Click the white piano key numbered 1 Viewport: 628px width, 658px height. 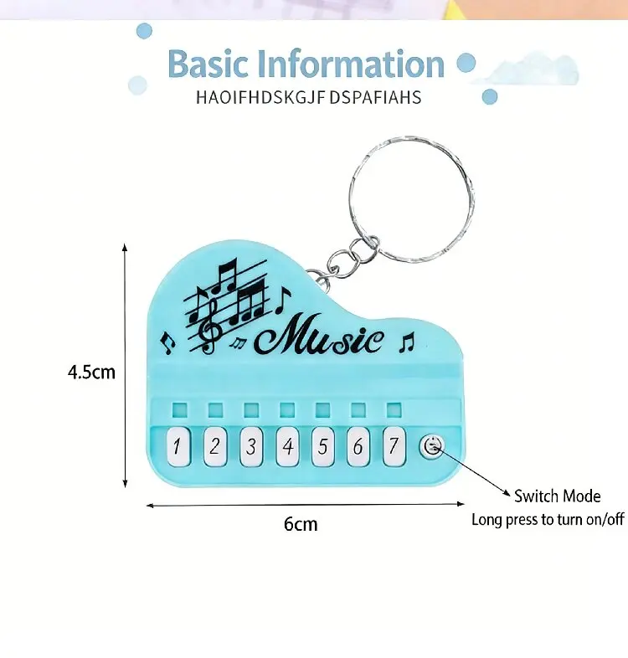point(178,446)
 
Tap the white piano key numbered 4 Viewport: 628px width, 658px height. point(287,446)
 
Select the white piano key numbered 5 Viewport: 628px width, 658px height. point(323,446)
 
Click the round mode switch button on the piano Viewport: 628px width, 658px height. point(432,446)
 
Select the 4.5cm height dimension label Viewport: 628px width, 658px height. point(91,373)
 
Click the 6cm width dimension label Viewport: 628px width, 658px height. point(301,524)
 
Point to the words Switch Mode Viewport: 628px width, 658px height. point(558,496)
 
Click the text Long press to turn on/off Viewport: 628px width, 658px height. point(548,520)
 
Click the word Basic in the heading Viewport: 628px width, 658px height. point(208,64)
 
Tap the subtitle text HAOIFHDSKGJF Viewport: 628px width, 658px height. point(260,97)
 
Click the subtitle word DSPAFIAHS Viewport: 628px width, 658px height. point(375,97)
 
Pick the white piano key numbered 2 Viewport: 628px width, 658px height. point(215,446)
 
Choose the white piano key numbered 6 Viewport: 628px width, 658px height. point(358,446)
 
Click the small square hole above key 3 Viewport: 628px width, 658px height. point(251,410)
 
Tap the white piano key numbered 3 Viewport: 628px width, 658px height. point(251,446)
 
